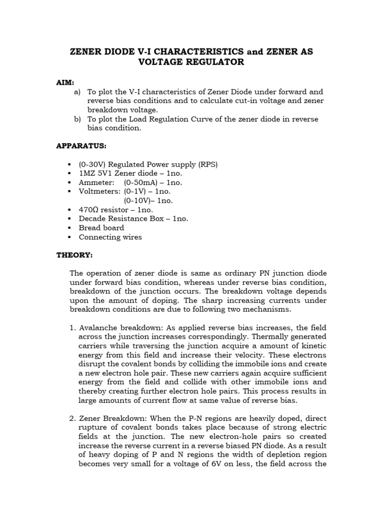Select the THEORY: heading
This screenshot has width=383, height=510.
click(x=74, y=255)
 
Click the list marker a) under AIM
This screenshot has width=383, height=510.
click(x=77, y=92)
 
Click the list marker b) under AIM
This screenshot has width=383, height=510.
click(x=77, y=119)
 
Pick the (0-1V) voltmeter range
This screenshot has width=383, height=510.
click(x=136, y=191)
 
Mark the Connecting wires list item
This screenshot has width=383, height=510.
click(x=110, y=237)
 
